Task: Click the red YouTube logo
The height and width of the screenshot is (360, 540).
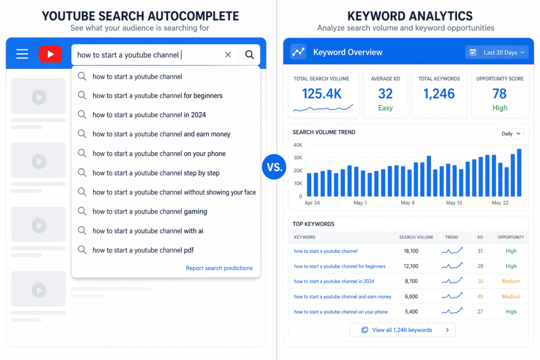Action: click(50, 54)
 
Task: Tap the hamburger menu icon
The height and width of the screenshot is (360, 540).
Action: click(22, 54)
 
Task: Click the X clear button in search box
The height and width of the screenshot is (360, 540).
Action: click(228, 55)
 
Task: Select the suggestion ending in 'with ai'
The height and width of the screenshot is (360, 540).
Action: click(148, 231)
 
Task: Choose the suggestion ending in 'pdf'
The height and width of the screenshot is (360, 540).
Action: click(143, 250)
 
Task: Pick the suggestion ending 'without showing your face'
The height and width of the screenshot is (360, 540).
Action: click(174, 192)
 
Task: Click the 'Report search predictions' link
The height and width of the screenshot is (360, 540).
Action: click(219, 268)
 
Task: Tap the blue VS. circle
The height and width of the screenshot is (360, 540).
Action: click(273, 168)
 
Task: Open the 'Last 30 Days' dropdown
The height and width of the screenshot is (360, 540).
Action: click(497, 52)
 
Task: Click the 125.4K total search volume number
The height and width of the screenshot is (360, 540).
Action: click(322, 94)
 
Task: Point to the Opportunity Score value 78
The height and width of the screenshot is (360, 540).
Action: click(499, 94)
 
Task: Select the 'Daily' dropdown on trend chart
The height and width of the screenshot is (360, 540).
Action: click(510, 134)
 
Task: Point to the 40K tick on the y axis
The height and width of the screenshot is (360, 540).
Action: click(297, 145)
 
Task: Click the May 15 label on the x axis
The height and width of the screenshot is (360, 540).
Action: click(454, 203)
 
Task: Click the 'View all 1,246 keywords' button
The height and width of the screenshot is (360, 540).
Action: click(402, 330)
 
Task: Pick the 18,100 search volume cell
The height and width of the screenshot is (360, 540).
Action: click(411, 251)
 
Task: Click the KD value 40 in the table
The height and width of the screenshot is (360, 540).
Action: click(480, 297)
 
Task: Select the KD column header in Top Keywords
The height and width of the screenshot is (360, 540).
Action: click(480, 237)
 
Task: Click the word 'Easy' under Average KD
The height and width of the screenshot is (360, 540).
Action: click(385, 108)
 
